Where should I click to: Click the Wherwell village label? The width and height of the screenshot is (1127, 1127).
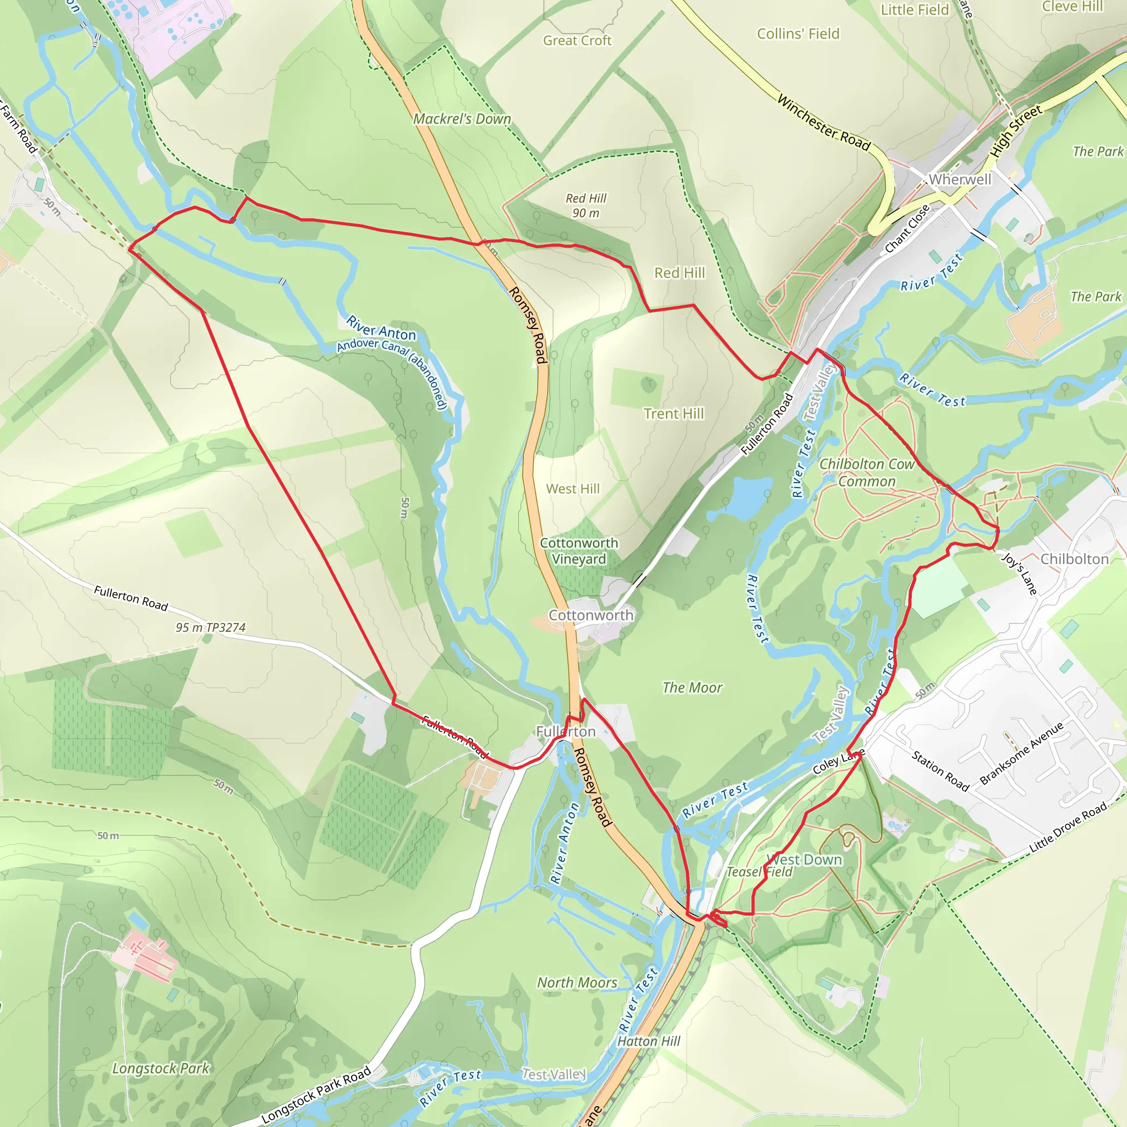tap(960, 179)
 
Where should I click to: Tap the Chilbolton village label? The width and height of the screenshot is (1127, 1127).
tap(1075, 559)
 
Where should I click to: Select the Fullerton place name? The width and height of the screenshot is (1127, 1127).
tap(565, 731)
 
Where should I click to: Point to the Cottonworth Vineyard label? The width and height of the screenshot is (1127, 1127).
tap(579, 551)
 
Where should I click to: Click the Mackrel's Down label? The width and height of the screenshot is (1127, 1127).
tap(462, 119)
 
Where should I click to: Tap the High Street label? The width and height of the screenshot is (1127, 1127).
tap(1016, 130)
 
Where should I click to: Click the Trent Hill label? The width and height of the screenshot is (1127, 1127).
tap(674, 414)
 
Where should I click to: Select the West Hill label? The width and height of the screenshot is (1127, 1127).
tap(572, 489)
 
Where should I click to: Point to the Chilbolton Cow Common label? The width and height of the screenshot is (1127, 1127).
tap(867, 473)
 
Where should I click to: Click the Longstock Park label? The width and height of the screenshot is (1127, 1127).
tap(161, 1068)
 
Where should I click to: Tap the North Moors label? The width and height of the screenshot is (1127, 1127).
tap(577, 982)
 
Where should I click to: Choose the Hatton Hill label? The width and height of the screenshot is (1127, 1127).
tap(649, 1041)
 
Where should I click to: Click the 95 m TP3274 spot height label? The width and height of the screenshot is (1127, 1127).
tap(211, 628)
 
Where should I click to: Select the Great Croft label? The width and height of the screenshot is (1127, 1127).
tap(577, 40)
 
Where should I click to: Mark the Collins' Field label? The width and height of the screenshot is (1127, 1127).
tap(798, 34)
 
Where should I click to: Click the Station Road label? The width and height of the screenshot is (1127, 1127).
tap(940, 770)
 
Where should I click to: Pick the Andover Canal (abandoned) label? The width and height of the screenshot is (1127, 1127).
tap(392, 373)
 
